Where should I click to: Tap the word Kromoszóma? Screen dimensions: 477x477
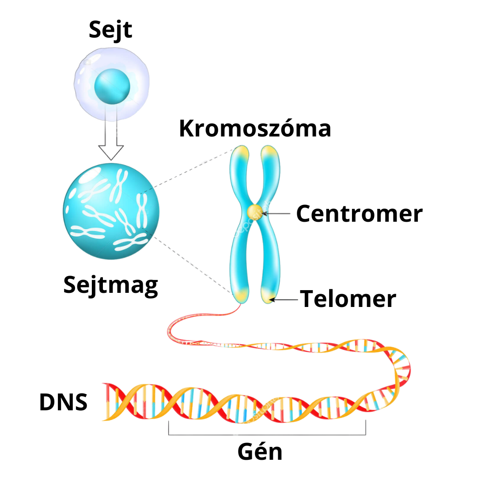click(255, 129)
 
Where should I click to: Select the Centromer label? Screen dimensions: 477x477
click(359, 213)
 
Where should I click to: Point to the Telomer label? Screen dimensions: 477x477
click(348, 299)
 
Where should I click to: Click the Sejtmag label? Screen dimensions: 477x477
click(110, 285)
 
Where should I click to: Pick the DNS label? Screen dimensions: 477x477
click(63, 402)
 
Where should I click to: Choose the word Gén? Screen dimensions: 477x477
click(260, 452)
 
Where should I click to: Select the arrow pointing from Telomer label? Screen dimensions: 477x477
click(285, 299)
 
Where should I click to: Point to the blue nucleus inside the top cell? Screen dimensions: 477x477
click(112, 85)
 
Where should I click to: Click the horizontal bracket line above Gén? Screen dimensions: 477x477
click(267, 435)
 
